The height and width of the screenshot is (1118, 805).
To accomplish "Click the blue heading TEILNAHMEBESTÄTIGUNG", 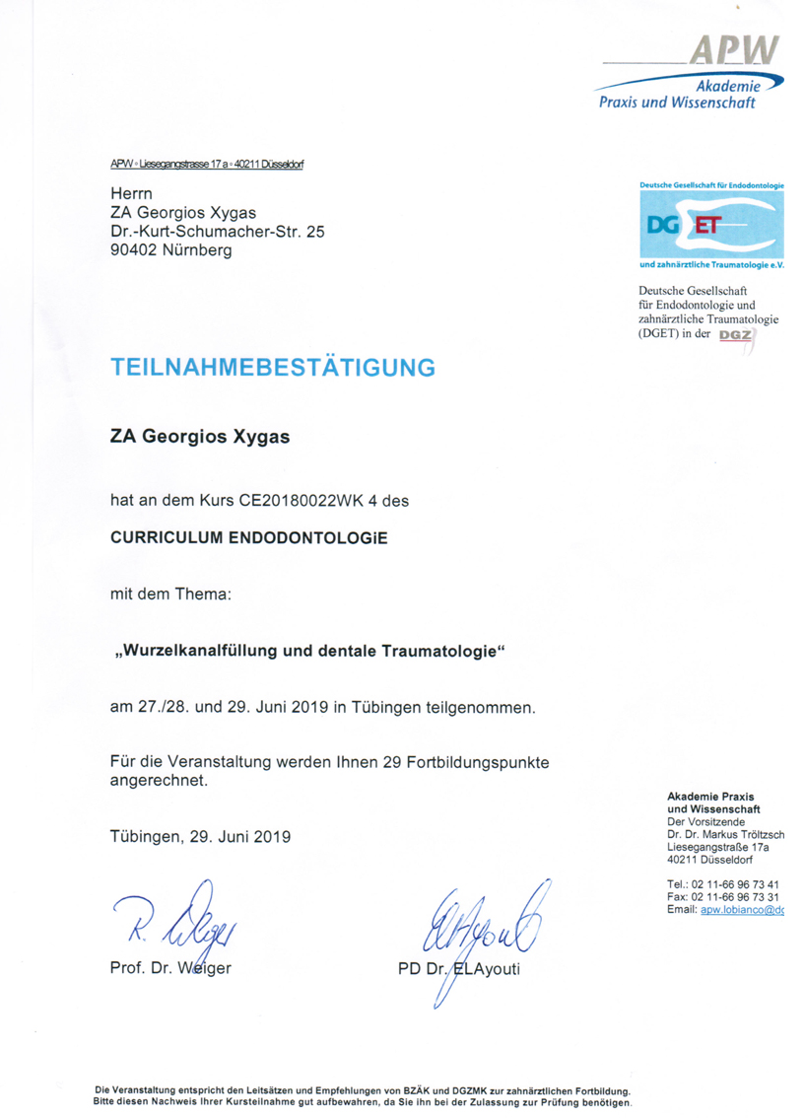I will coord(273,368).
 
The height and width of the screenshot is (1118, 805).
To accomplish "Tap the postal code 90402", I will coord(137,250).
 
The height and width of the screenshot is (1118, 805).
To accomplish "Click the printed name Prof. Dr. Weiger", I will coord(171,968).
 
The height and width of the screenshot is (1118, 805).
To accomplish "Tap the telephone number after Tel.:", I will coord(738,884).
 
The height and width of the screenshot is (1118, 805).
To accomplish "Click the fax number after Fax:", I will coord(739,897).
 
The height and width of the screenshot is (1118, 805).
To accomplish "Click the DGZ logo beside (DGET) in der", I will coord(736,335).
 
